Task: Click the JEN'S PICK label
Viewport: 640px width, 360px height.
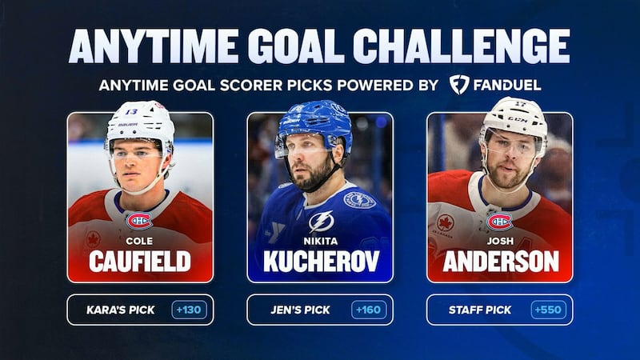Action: [x=299, y=310]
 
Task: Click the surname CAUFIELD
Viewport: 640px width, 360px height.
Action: [x=140, y=262]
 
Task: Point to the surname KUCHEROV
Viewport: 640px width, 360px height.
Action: [x=320, y=262]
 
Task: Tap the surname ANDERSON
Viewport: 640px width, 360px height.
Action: [x=500, y=262]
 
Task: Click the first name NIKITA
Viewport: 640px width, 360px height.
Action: [x=320, y=238]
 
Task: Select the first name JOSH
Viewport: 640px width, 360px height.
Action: [x=500, y=238]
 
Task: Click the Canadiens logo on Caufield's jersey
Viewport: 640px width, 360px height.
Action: [x=139, y=220]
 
